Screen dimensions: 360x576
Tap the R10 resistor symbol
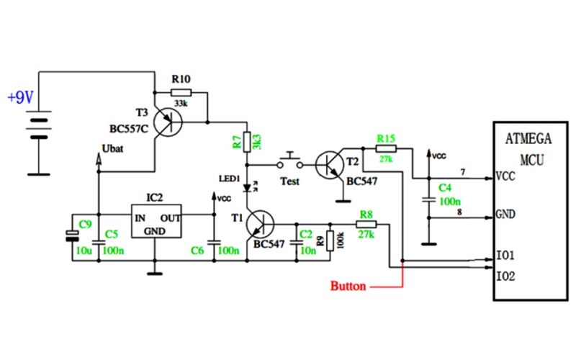pos(181,92)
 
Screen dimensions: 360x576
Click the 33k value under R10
pos(181,104)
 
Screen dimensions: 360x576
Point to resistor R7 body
pos(247,141)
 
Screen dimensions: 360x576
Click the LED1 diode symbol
pos(247,188)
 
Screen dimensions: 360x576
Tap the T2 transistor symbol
pos(333,164)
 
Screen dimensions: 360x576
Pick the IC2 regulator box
pos(156,220)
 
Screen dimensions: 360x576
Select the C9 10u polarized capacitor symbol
pos(71,234)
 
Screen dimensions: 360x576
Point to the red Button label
pos(348,286)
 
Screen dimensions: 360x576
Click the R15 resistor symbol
pos(386,148)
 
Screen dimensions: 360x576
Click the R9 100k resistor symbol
pos(330,240)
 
